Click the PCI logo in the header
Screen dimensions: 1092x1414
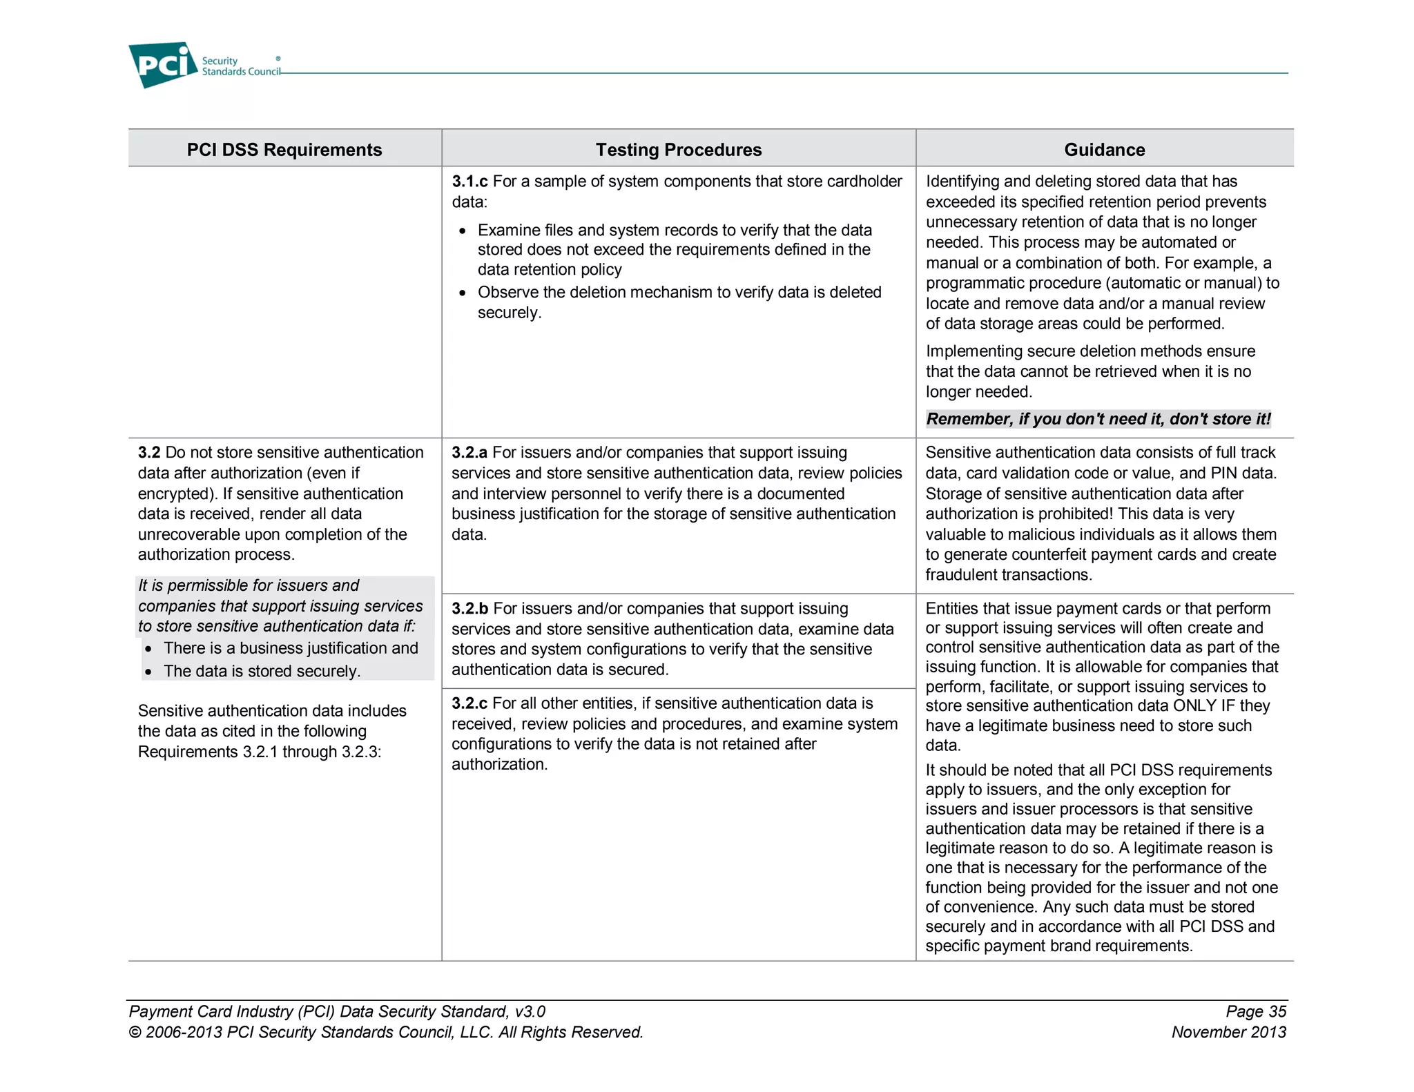point(163,64)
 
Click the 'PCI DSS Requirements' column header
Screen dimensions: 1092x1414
point(284,150)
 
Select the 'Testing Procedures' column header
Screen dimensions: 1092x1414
point(678,150)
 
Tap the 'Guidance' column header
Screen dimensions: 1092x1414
point(1104,150)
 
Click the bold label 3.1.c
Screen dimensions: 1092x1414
point(469,182)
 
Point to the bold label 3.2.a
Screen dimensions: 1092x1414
point(469,453)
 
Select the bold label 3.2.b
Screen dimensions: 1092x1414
point(469,609)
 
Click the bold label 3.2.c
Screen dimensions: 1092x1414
point(469,703)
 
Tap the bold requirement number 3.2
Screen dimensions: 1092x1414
point(149,453)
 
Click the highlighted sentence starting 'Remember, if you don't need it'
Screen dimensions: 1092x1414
point(1098,419)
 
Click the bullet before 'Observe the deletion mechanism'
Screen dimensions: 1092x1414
point(463,293)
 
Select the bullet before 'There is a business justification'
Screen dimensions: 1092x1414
point(148,650)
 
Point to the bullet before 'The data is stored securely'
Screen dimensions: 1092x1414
point(148,672)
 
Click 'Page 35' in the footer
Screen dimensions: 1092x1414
point(1255,1011)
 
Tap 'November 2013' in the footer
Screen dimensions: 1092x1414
point(1228,1032)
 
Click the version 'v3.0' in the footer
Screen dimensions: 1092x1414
point(530,1011)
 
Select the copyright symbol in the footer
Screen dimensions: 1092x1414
point(135,1033)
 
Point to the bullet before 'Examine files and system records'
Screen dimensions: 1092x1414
point(463,231)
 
